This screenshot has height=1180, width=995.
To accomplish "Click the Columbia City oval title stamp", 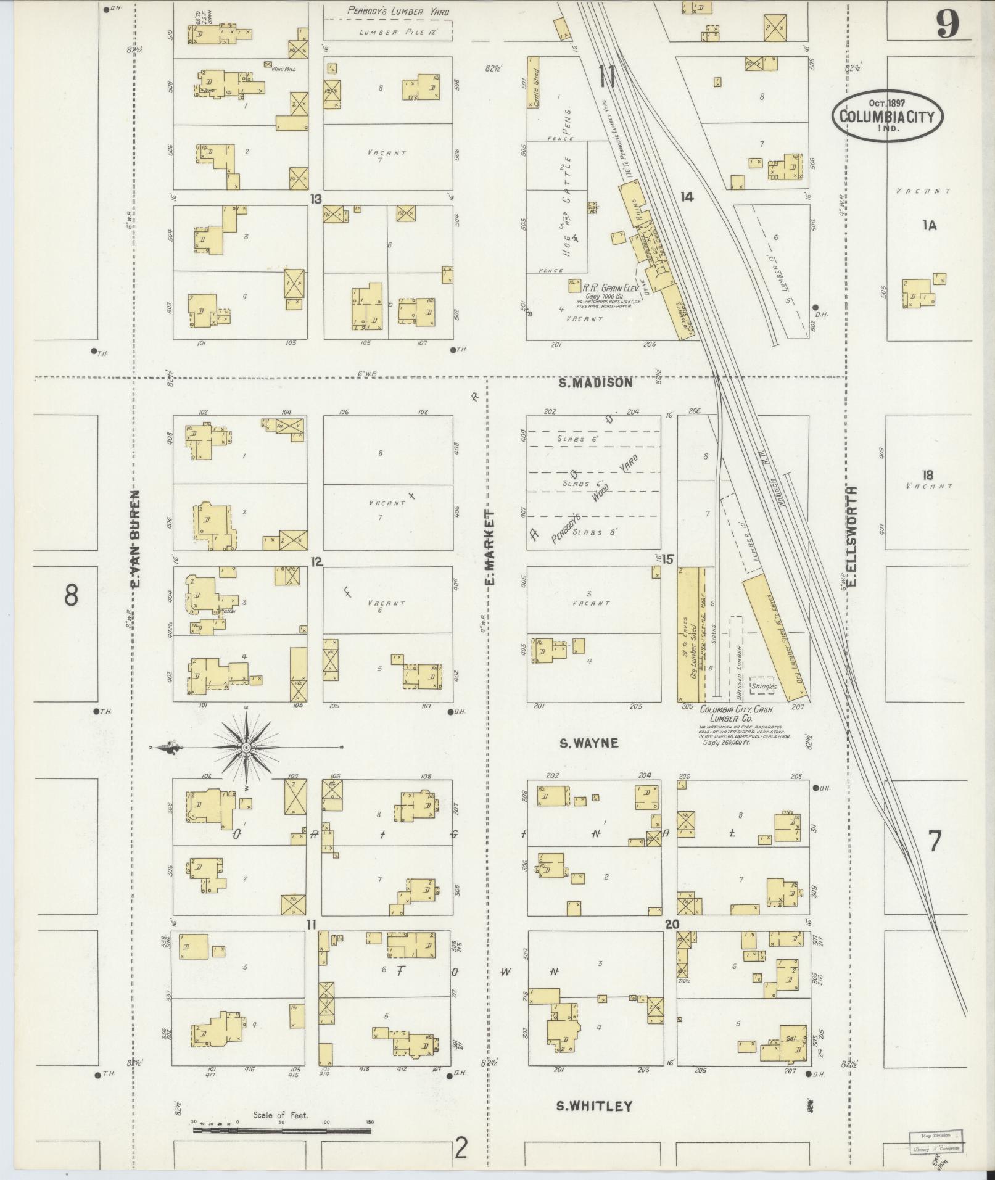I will coord(886,115).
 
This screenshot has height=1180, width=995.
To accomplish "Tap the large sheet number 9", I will coord(948,26).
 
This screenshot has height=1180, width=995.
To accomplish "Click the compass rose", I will coord(246,747).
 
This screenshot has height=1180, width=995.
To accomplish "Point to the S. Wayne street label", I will coord(588,743).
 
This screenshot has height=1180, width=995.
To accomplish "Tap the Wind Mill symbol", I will coord(268,64).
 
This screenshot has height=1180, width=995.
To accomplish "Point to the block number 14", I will coord(687,197).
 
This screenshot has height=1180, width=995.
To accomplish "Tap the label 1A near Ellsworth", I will coord(929,226).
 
